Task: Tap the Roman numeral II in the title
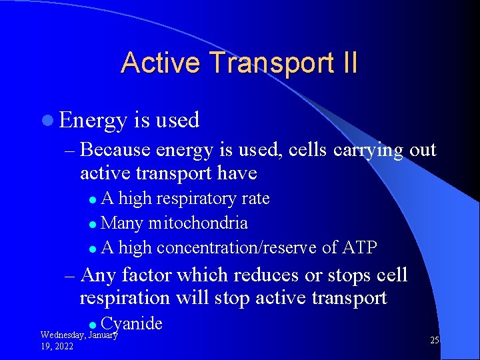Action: (x=349, y=63)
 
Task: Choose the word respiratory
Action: (x=193, y=199)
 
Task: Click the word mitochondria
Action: (x=198, y=223)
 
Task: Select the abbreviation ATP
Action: (x=360, y=248)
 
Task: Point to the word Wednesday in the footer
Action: (x=62, y=335)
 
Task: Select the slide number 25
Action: (x=434, y=341)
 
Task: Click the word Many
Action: (x=123, y=223)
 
